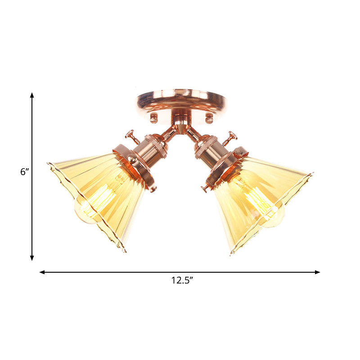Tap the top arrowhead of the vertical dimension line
(x=32, y=95)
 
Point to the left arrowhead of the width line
(x=42, y=272)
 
